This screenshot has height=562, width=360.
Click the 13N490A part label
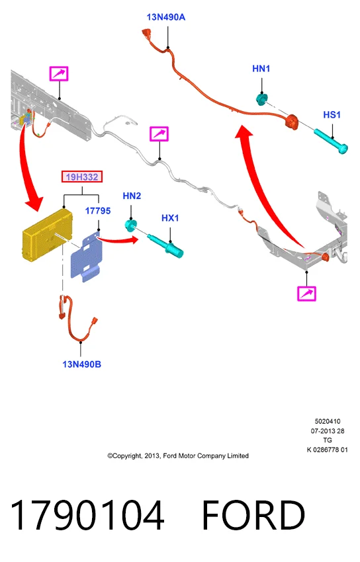click(165, 17)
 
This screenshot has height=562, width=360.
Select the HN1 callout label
click(261, 69)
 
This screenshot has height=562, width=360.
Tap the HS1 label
click(332, 114)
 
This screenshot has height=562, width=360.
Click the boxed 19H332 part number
click(82, 177)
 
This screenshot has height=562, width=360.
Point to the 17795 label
click(97, 211)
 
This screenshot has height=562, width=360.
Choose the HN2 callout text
click(132, 196)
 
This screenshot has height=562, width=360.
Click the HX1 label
click(170, 218)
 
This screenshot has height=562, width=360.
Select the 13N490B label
click(82, 364)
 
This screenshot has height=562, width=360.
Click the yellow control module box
click(48, 236)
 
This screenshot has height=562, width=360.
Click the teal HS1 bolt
click(331, 141)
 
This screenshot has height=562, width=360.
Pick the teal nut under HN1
click(262, 99)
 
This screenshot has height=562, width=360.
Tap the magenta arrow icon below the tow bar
click(306, 294)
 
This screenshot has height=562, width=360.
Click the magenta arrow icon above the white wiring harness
click(159, 134)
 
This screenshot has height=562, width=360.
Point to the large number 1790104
click(87, 516)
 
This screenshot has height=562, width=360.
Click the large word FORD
click(253, 516)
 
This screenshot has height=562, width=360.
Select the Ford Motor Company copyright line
click(178, 456)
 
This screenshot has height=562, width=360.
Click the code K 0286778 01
click(327, 450)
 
